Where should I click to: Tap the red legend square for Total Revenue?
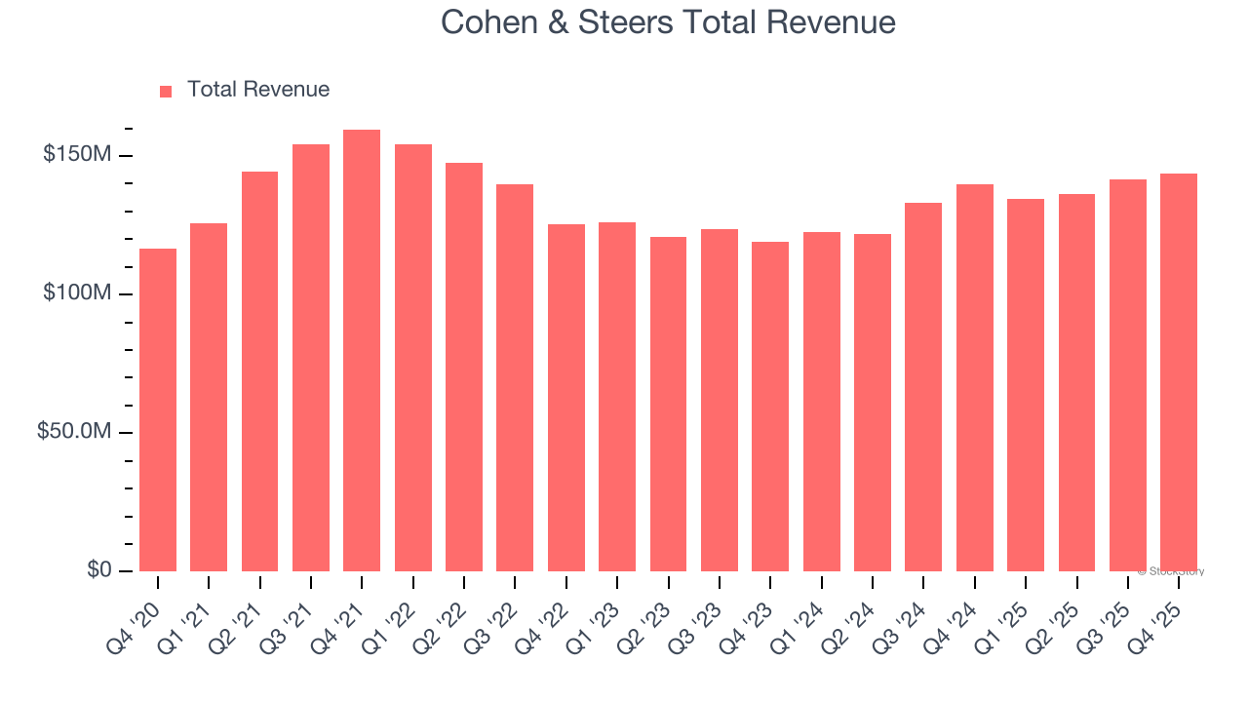(166, 91)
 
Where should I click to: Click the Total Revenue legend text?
(258, 90)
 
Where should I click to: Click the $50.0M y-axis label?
(74, 432)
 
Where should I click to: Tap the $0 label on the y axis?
(97, 569)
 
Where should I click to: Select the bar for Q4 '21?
(362, 350)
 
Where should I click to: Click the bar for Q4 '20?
(158, 409)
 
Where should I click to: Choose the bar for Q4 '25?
(1179, 371)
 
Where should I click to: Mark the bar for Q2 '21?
(259, 370)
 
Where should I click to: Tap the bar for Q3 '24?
(923, 386)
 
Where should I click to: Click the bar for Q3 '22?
(515, 377)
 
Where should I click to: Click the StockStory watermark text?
(1171, 571)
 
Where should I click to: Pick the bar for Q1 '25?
(1026, 384)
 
